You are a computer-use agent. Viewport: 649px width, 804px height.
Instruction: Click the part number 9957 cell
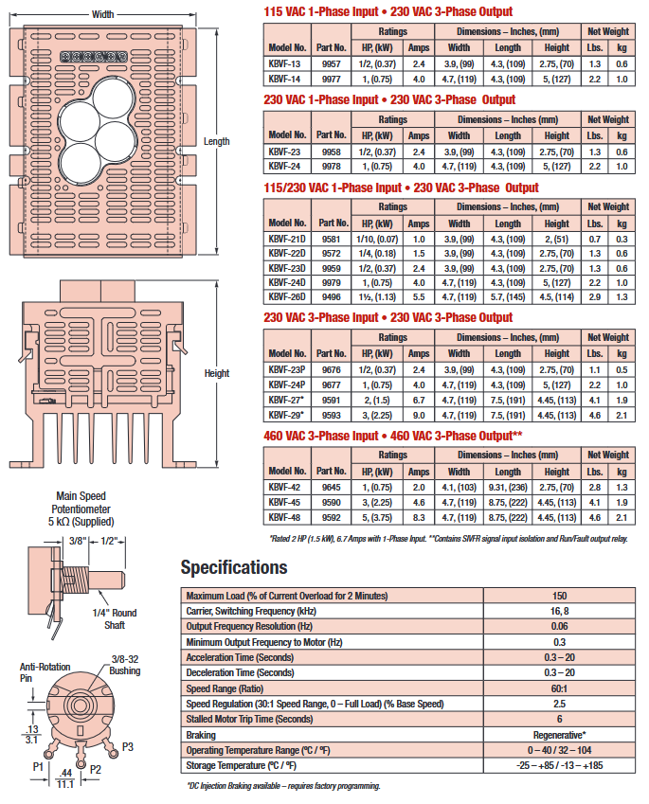pyautogui.click(x=331, y=63)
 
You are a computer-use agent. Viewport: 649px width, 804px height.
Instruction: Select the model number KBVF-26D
pyautogui.click(x=286, y=296)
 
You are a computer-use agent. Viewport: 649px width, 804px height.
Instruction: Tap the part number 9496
pyautogui.click(x=331, y=296)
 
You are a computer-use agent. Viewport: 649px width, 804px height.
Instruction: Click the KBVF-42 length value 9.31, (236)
pyautogui.click(x=507, y=487)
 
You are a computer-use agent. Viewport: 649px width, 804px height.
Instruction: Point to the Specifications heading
pyautogui.click(x=233, y=567)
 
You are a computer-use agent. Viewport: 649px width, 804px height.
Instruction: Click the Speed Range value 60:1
pyautogui.click(x=560, y=688)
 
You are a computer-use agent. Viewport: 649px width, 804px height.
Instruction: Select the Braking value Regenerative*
pyautogui.click(x=560, y=734)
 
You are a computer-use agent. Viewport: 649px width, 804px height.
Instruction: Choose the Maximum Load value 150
pyautogui.click(x=560, y=595)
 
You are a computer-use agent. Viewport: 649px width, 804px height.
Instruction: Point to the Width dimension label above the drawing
pyautogui.click(x=103, y=14)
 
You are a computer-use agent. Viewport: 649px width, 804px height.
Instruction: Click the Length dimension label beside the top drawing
pyautogui.click(x=217, y=141)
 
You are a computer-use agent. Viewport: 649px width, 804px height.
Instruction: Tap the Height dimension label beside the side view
pyautogui.click(x=217, y=373)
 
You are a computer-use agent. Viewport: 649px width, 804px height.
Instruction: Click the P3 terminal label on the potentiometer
pyautogui.click(x=128, y=746)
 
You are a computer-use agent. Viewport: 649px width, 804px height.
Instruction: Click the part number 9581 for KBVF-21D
pyautogui.click(x=331, y=239)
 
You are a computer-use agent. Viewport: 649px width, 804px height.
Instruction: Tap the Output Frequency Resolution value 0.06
pyautogui.click(x=560, y=626)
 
